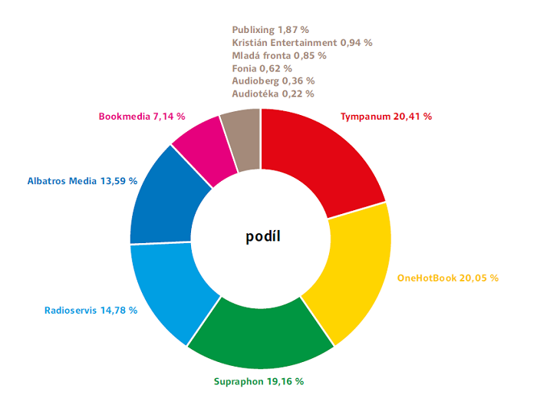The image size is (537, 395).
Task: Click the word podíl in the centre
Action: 262,236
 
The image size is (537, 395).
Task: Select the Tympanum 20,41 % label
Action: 386,117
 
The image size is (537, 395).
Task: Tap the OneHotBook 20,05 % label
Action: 447,278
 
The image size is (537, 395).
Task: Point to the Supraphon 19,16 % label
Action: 258,380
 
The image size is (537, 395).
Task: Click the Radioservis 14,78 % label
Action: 91,311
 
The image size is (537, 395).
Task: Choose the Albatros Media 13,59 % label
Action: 82,181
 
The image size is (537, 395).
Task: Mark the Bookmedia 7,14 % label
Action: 142,117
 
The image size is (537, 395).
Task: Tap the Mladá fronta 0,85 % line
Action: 278,55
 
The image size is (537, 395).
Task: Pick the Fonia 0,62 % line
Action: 262,68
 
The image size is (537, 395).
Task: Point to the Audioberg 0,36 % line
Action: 273,81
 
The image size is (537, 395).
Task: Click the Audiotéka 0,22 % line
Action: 272,94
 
